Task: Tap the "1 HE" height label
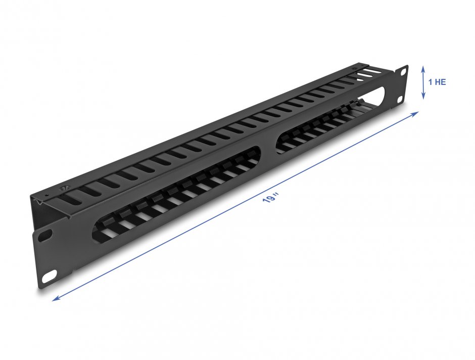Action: [x=437, y=82]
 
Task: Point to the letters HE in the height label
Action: [x=441, y=82]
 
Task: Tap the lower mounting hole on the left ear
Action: [x=49, y=278]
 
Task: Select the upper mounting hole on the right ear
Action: [x=403, y=72]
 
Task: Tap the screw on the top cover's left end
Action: [x=64, y=189]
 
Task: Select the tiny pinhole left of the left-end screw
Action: [x=46, y=195]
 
